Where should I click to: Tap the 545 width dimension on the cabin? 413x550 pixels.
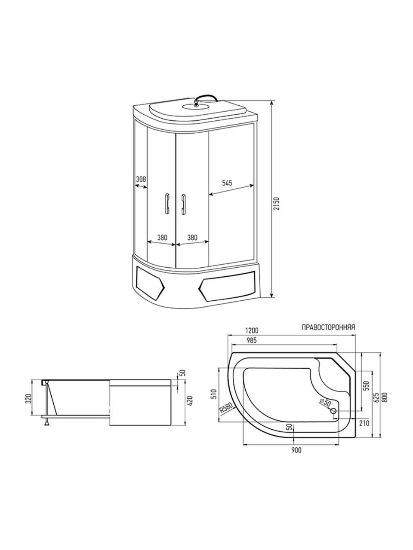[x=227, y=183]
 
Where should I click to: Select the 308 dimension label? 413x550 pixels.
[x=141, y=179]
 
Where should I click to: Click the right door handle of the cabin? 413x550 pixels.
[x=184, y=204]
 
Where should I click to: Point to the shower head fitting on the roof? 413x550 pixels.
[x=196, y=102]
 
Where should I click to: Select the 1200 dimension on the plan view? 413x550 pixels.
[x=252, y=330]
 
